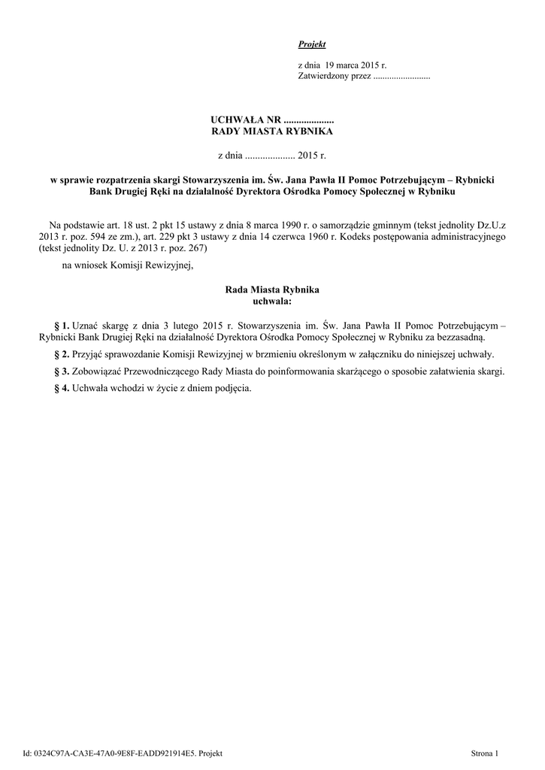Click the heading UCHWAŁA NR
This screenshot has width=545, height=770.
(x=245, y=120)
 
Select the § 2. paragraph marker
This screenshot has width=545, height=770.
(x=62, y=354)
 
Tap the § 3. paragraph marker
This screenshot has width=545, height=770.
(x=62, y=371)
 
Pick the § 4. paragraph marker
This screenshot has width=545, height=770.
(x=62, y=389)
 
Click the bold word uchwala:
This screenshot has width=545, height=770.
(x=272, y=300)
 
